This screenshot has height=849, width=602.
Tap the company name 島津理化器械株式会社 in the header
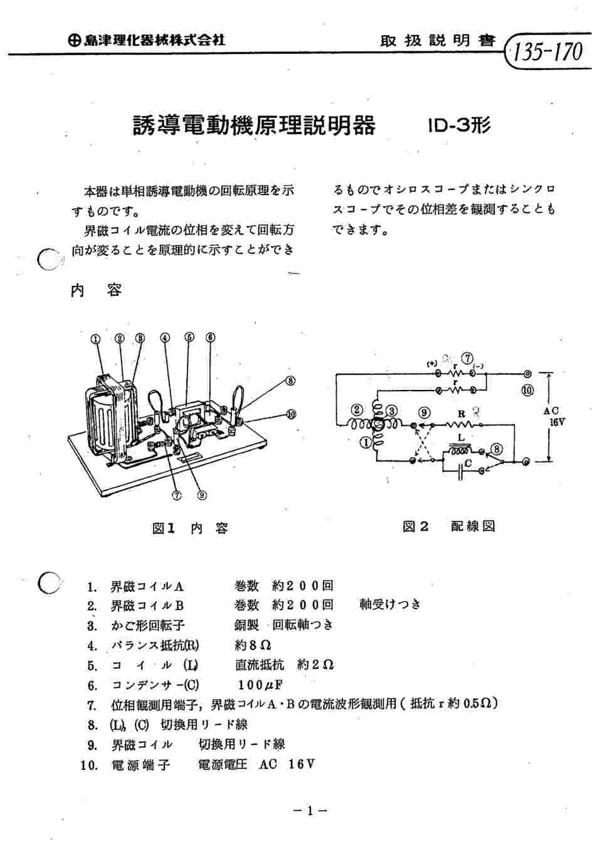(x=148, y=40)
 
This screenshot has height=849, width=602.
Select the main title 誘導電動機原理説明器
(x=254, y=125)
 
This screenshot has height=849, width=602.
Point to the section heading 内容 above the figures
(x=96, y=291)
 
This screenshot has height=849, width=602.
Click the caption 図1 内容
(x=190, y=528)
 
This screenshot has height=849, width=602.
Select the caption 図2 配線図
(x=448, y=526)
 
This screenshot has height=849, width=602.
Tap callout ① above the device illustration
(x=95, y=338)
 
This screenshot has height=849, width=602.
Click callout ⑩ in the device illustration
(x=291, y=414)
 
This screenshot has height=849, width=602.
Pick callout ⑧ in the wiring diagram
(x=497, y=449)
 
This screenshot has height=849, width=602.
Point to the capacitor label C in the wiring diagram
(x=468, y=464)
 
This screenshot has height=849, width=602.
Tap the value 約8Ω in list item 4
(x=253, y=645)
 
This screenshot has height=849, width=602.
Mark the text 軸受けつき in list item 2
(x=389, y=604)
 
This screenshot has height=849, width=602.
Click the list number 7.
(x=92, y=705)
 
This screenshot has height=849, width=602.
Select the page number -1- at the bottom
(x=310, y=811)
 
